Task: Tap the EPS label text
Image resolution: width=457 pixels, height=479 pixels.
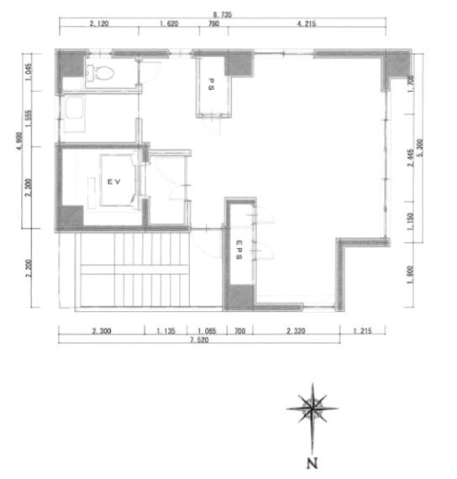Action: pyautogui.click(x=239, y=251)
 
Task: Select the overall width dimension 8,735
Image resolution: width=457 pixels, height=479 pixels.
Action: pyautogui.click(x=225, y=13)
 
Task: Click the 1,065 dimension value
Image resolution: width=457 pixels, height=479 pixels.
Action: pyautogui.click(x=207, y=330)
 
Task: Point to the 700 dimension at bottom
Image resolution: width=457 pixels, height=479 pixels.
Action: pyautogui.click(x=239, y=330)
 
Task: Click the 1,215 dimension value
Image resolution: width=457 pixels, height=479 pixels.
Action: pyautogui.click(x=362, y=330)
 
